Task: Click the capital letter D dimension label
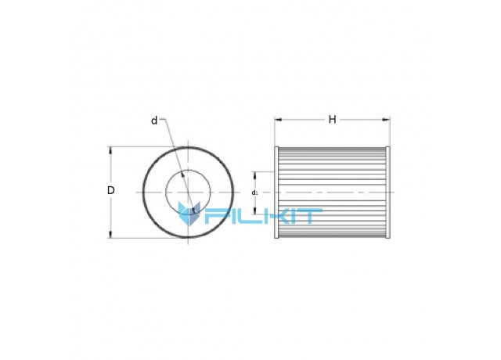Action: [110, 190]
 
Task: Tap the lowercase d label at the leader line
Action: [154, 121]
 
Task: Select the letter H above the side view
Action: [332, 120]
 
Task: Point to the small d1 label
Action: [254, 193]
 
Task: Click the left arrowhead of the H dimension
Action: [278, 120]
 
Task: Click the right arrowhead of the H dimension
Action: [387, 120]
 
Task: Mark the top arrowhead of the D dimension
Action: [111, 150]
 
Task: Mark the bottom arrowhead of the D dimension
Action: [111, 235]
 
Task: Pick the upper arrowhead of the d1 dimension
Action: [255, 175]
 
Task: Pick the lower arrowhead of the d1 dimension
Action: [255, 211]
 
